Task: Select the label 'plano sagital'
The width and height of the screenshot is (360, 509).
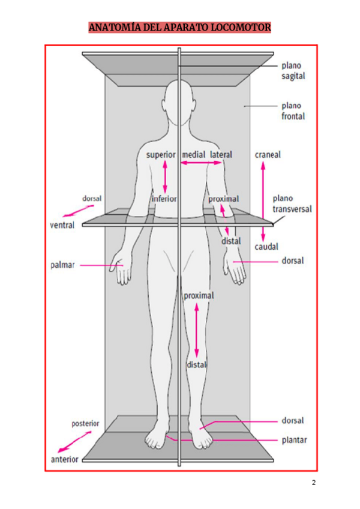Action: click(x=293, y=71)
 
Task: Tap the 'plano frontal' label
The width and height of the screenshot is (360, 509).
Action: click(x=293, y=111)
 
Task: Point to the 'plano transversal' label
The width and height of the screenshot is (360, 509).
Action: click(x=292, y=203)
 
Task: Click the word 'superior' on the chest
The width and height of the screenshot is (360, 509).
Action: click(x=160, y=154)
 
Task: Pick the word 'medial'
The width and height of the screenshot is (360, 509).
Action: click(x=194, y=154)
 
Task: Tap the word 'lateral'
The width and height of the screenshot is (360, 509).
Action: click(x=221, y=154)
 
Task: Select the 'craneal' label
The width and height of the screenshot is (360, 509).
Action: click(x=268, y=154)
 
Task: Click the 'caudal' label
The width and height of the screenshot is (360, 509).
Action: click(x=266, y=246)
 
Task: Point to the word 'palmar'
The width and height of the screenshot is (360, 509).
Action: click(x=62, y=265)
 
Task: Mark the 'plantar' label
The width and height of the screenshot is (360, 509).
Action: click(x=294, y=440)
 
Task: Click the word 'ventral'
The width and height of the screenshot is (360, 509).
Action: click(x=62, y=226)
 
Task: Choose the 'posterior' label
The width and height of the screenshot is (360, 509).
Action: click(x=85, y=423)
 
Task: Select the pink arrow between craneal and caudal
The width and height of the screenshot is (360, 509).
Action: click(x=262, y=200)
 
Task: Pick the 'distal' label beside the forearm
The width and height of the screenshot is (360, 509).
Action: click(x=232, y=241)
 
